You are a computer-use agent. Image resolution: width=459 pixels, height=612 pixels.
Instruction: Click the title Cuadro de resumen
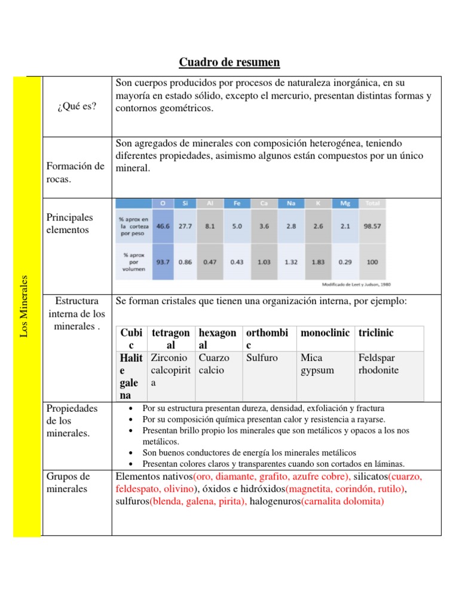click(x=229, y=62)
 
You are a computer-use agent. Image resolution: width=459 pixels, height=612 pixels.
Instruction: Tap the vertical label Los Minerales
click(x=25, y=305)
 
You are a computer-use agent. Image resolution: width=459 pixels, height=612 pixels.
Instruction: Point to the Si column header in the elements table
click(x=185, y=203)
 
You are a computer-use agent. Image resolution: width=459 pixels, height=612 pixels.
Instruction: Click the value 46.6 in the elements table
click(x=163, y=227)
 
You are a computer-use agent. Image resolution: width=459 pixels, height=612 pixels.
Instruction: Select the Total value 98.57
click(x=372, y=227)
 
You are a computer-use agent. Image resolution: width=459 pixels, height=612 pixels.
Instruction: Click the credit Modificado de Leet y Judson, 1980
click(x=356, y=284)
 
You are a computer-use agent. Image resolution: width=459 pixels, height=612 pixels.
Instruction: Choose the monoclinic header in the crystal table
click(x=325, y=332)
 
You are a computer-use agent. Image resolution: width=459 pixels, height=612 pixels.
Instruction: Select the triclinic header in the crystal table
click(x=376, y=332)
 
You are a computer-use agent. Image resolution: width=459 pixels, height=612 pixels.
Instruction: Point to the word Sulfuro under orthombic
click(x=262, y=358)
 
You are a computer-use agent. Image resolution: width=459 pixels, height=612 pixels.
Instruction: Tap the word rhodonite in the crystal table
click(x=378, y=370)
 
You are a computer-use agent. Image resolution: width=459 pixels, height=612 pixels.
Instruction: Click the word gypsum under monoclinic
click(x=317, y=370)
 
